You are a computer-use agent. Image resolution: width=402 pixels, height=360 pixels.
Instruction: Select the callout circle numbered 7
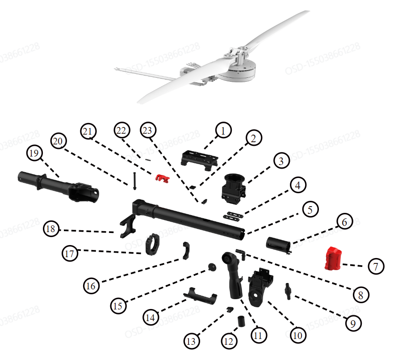pyautogui.click(x=376, y=267)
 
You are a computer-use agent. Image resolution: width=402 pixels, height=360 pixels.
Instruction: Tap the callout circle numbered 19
pyautogui.click(x=35, y=153)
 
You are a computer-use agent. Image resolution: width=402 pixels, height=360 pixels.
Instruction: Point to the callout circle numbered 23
pyautogui.click(x=147, y=131)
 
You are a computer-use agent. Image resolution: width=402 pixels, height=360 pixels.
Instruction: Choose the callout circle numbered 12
pyautogui.click(x=229, y=342)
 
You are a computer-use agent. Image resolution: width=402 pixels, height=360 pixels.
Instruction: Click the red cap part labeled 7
pyautogui.click(x=333, y=259)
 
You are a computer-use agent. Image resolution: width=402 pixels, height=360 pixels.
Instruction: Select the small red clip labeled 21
pyautogui.click(x=163, y=178)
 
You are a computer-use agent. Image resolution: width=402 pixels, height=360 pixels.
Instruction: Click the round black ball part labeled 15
pyautogui.click(x=211, y=267)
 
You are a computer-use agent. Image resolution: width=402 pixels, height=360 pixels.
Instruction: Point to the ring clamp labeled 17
pyautogui.click(x=153, y=244)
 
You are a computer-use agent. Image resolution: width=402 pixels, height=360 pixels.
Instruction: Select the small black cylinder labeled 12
pyautogui.click(x=241, y=321)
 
